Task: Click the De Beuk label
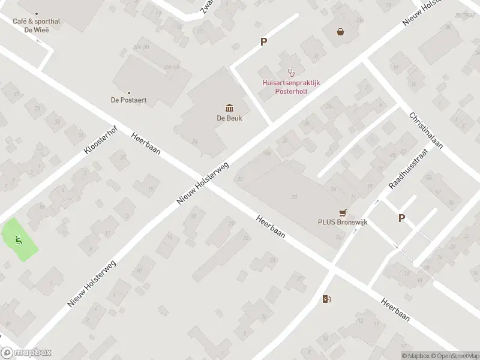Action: (229, 118)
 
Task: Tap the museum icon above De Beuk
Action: (229, 107)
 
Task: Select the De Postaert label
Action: (128, 100)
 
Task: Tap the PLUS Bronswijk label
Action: (342, 222)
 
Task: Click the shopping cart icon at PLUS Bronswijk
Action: (343, 212)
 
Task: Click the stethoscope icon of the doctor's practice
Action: (291, 73)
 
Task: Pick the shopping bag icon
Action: (341, 32)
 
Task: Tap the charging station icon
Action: (326, 299)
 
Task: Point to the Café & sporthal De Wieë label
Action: (36, 25)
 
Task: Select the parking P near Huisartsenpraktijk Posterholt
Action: (263, 42)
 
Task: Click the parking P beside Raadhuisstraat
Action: (401, 218)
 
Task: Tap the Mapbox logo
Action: (26, 353)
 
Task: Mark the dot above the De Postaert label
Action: (128, 92)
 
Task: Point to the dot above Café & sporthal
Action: (37, 14)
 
